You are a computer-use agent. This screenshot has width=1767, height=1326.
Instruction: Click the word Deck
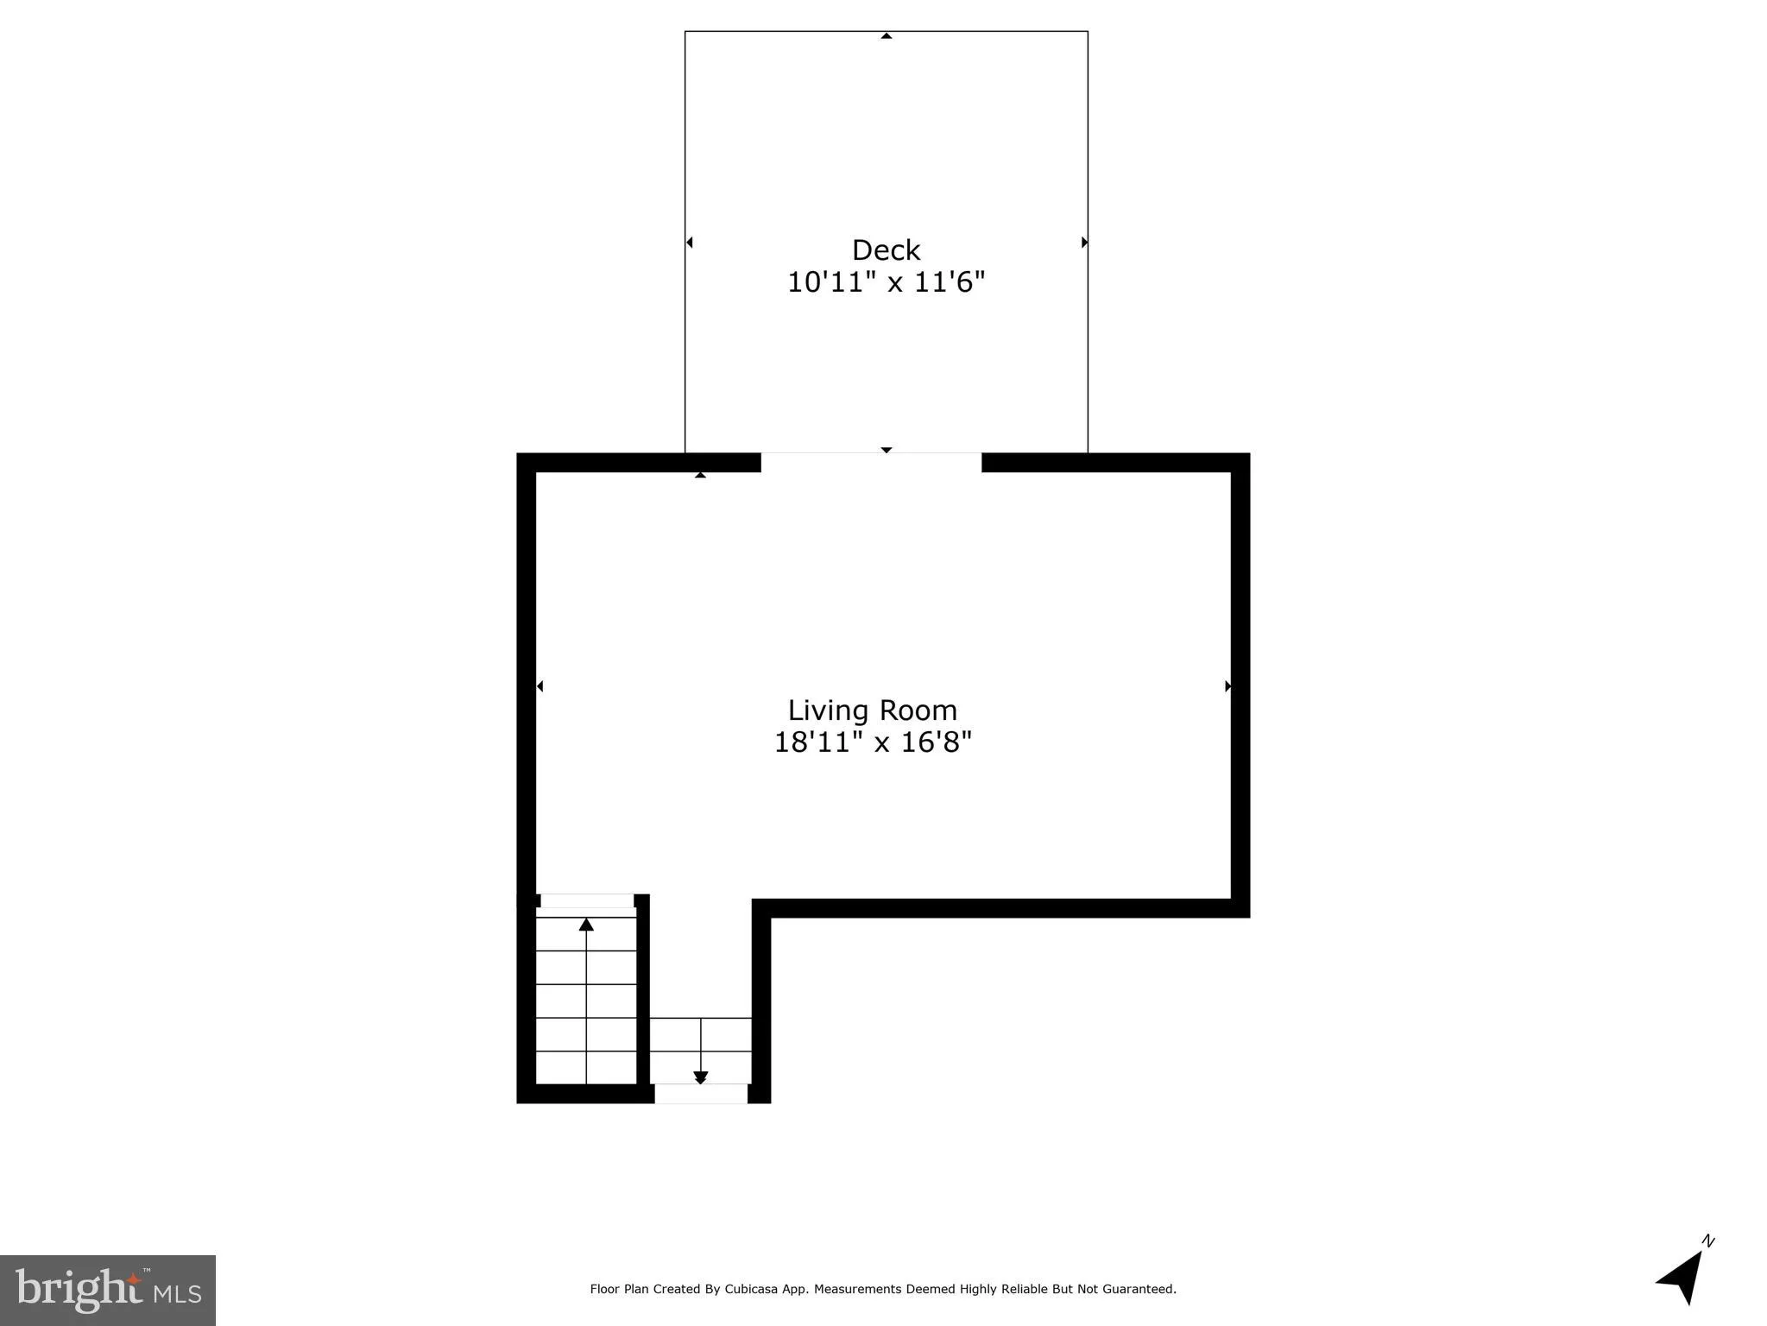(x=886, y=249)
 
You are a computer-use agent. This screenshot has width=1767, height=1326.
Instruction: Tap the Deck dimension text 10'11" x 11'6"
(x=886, y=282)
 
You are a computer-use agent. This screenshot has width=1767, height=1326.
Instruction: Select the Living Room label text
(x=872, y=710)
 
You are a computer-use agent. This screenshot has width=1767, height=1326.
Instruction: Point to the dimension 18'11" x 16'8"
(x=872, y=742)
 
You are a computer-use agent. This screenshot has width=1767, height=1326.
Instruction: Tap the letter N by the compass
(x=1707, y=1241)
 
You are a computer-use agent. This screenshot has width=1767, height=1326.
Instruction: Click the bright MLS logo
(x=108, y=1290)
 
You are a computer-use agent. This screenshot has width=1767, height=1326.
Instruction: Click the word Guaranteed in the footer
(x=1140, y=1289)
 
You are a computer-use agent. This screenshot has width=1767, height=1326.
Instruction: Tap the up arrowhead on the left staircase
(x=586, y=924)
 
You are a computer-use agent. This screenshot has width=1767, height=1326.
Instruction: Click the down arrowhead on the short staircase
(x=700, y=1077)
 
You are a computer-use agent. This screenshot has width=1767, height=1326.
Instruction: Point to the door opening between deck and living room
(x=871, y=462)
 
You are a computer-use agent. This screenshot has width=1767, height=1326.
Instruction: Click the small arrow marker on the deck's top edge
(x=886, y=36)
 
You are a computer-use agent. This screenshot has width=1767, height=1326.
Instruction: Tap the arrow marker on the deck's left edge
(x=690, y=243)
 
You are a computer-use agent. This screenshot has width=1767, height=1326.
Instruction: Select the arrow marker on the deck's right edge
(x=1084, y=243)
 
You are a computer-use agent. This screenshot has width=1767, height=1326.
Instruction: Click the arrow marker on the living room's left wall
(x=540, y=686)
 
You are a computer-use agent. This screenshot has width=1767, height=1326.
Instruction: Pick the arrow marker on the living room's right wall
(x=1227, y=686)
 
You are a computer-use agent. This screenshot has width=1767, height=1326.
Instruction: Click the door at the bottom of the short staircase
(x=700, y=1094)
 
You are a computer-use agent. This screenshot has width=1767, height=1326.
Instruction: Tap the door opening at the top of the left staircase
(x=586, y=900)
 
